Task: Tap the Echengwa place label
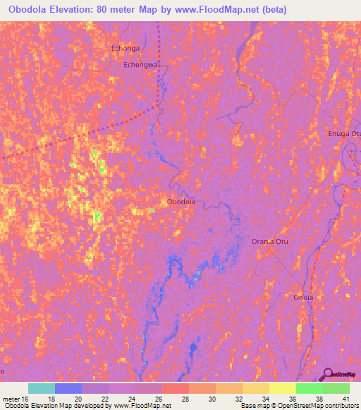140,64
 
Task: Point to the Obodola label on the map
180,202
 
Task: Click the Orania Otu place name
270,242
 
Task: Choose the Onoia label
303,297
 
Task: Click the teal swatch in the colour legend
42,388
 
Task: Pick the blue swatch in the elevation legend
68,388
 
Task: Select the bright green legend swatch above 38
310,388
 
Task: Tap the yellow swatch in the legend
283,388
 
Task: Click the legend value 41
345,399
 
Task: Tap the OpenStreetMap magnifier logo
328,374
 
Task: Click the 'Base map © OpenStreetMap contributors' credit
299,406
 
